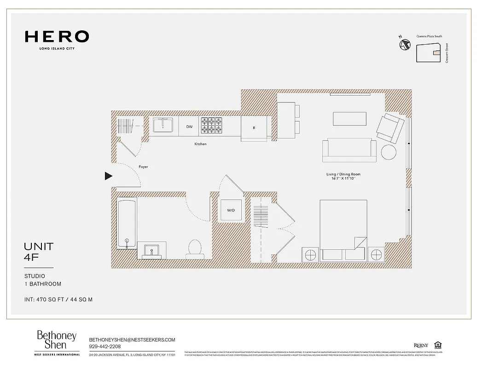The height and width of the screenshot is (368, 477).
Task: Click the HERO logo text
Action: click(x=57, y=37)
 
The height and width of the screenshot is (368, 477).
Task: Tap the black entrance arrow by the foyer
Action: click(x=108, y=176)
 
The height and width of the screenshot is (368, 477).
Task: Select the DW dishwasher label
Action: click(x=189, y=126)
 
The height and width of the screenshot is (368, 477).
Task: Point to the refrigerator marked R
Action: click(x=254, y=128)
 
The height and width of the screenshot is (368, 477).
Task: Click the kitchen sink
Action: click(x=163, y=126)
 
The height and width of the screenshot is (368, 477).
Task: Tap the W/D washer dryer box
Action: click(x=231, y=210)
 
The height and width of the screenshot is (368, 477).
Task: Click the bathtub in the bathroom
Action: click(x=127, y=223)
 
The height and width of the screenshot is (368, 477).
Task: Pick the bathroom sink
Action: click(x=151, y=251)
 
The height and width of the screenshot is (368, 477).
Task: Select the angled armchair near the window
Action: click(x=390, y=127)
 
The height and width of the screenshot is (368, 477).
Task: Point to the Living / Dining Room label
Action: click(x=343, y=174)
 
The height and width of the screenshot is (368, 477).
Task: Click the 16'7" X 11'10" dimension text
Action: click(x=343, y=178)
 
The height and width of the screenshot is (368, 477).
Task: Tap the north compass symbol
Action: click(x=405, y=45)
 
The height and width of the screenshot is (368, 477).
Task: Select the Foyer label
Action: click(x=143, y=167)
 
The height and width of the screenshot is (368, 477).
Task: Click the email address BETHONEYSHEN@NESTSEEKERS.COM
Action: click(x=132, y=339)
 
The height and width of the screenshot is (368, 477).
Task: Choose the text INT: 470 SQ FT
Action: click(x=45, y=299)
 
